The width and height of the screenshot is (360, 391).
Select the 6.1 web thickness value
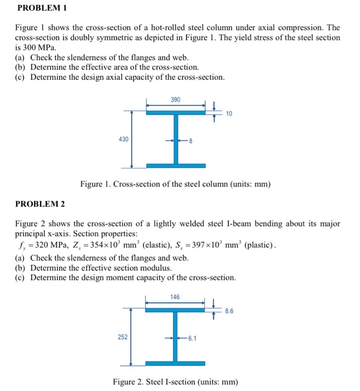pyautogui.click(x=193, y=338)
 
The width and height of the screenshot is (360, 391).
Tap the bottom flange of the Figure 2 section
pyautogui.click(x=175, y=363)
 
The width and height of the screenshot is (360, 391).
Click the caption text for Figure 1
pyautogui.click(x=175, y=183)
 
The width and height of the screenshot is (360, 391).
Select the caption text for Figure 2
pyautogui.click(x=175, y=382)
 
